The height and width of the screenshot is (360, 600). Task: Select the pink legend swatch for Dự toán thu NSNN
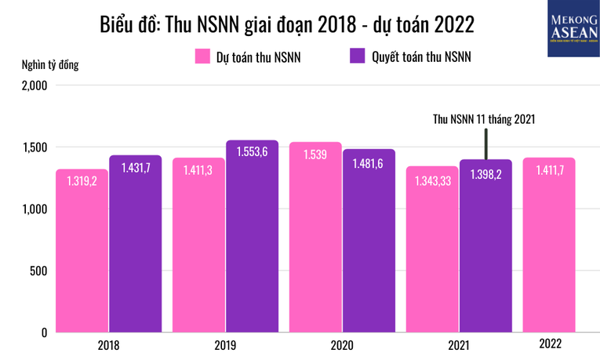coord(201,56)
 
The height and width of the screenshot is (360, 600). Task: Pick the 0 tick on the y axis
coord(45,333)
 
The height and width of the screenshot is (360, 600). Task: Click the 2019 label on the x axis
coord(224,345)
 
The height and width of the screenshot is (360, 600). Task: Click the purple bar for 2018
coord(135,251)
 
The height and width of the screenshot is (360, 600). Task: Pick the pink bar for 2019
coord(198,251)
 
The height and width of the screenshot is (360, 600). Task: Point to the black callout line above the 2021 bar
coord(486,143)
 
